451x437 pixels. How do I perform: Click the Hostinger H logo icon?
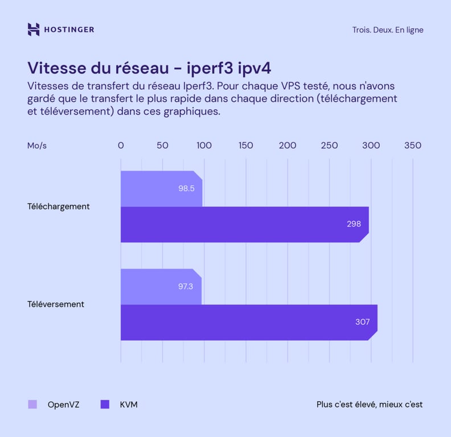click(x=34, y=30)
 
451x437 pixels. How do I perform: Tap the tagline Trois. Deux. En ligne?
click(x=387, y=30)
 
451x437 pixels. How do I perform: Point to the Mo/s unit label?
click(x=37, y=146)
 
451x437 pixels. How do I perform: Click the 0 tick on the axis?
click(x=121, y=146)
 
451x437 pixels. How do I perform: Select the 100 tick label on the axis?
click(x=204, y=146)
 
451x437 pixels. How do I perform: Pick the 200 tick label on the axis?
click(x=288, y=146)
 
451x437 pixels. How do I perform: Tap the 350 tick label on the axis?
click(x=412, y=146)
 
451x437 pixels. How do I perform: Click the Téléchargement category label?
click(x=58, y=207)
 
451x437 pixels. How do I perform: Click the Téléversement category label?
click(x=56, y=304)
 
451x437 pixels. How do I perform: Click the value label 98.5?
click(x=186, y=188)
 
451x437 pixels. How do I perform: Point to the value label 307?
click(x=362, y=322)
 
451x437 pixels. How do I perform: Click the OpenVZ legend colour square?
click(x=32, y=405)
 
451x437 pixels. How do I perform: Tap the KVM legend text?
click(x=129, y=405)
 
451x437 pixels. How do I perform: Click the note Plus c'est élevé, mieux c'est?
click(x=370, y=405)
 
